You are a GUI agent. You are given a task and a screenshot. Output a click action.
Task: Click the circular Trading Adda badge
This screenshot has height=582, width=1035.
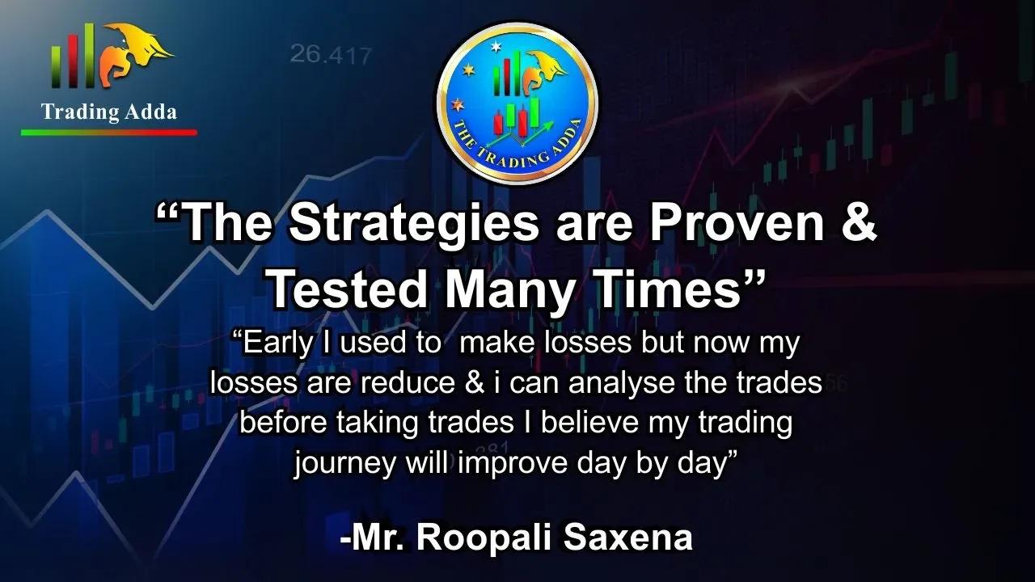(x=517, y=102)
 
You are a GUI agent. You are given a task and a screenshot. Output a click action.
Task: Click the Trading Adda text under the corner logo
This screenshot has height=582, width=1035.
(x=108, y=112)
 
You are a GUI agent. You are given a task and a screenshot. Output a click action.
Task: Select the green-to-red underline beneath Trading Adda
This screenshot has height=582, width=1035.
(x=108, y=132)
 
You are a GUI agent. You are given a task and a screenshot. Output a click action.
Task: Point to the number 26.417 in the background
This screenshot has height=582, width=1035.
(x=331, y=55)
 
